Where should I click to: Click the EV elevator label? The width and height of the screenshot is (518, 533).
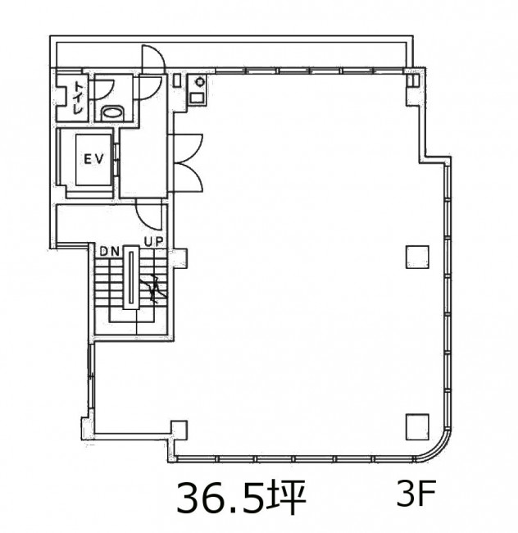click(x=93, y=159)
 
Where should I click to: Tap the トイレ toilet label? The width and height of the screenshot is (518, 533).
click(x=79, y=98)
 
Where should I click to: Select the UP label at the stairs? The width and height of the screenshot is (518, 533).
click(x=154, y=242)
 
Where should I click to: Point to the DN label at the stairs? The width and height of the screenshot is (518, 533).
click(x=109, y=252)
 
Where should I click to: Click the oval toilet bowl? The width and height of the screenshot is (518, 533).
click(x=113, y=112)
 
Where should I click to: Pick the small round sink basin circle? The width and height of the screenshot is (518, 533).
click(x=199, y=82)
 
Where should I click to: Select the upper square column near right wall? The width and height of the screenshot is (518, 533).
click(x=417, y=257)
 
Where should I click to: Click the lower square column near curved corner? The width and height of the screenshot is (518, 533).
click(x=417, y=426)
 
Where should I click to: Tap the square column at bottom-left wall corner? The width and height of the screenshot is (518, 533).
click(x=179, y=430)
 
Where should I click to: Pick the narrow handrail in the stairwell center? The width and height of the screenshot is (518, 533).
click(x=131, y=277)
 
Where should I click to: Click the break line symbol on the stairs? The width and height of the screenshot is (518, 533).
click(x=155, y=289)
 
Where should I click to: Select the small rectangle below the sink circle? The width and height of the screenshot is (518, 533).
click(x=197, y=98)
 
